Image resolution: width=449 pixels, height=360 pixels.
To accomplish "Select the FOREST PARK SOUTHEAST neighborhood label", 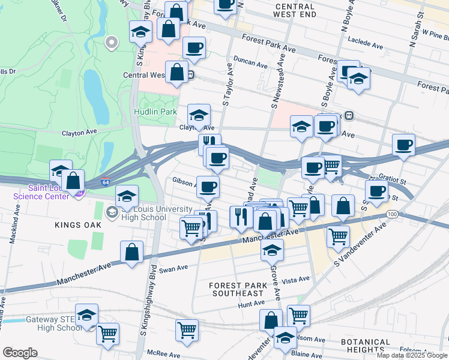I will tap(237, 289).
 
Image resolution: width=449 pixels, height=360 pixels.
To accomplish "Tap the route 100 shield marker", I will tap(392, 214).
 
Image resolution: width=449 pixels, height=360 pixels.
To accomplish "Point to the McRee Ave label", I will tap(164, 353).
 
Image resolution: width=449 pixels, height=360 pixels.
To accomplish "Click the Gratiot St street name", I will tap(393, 179).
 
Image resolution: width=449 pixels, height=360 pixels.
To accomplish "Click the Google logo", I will tap(20, 353).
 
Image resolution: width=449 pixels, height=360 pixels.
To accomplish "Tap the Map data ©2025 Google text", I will tap(411, 355).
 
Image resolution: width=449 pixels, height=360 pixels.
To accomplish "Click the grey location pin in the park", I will tap(110, 42).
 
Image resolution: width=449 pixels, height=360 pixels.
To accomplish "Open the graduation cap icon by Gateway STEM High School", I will tap(86, 315).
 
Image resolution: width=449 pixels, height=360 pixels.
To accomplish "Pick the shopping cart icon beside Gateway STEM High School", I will tap(107, 333).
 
